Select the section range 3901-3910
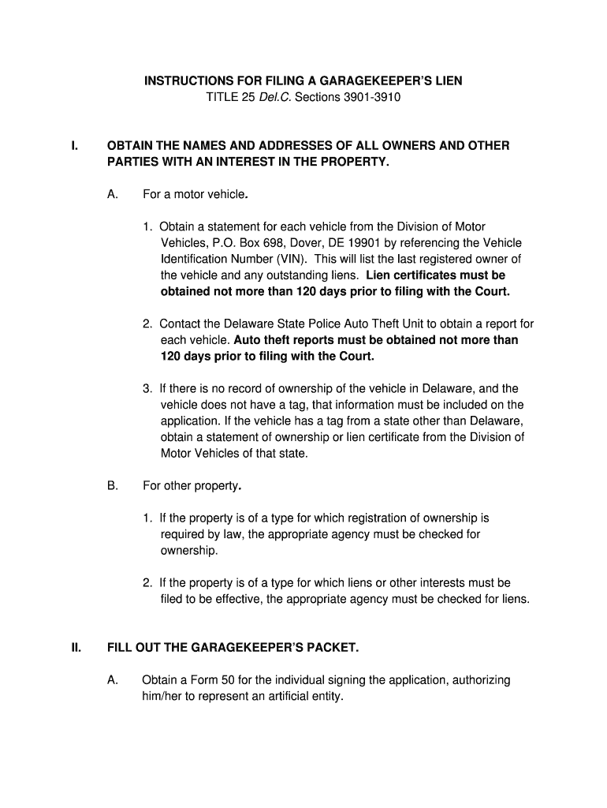tap(367, 97)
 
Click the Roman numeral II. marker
tap(76, 648)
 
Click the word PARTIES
tap(132, 162)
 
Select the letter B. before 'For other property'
tap(113, 486)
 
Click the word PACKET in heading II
tap(331, 648)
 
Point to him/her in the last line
tap(162, 697)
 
